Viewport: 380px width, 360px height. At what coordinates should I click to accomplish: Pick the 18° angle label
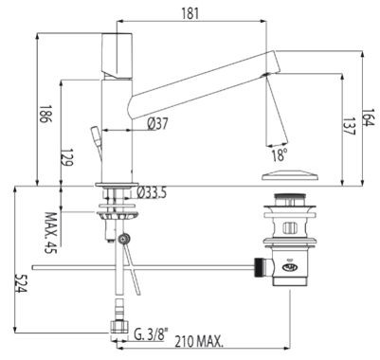point(279,156)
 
